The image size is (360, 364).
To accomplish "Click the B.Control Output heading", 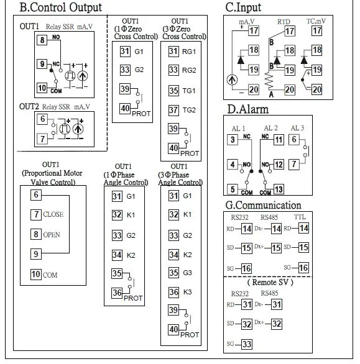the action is pyautogui.click(x=61, y=7).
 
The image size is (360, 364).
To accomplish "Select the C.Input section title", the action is pyautogui.click(x=243, y=7).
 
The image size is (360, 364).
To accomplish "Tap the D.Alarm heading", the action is pyautogui.click(x=247, y=109).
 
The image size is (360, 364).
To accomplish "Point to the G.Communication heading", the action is pyautogui.click(x=264, y=205).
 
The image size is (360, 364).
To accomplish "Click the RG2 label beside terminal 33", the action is pyautogui.click(x=189, y=70).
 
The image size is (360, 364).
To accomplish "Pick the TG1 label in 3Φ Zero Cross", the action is pyautogui.click(x=189, y=91).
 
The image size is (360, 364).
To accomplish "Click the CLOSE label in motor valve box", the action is pyautogui.click(x=53, y=214).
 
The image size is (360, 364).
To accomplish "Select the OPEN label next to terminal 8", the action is pyautogui.click(x=52, y=235).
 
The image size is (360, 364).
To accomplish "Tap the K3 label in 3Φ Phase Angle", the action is pyautogui.click(x=188, y=292).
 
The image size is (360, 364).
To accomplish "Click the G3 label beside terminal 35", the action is pyautogui.click(x=188, y=273).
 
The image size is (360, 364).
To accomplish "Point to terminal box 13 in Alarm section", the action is pyautogui.click(x=279, y=189).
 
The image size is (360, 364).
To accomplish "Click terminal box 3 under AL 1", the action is pyautogui.click(x=233, y=140).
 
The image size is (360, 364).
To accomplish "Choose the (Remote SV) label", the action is pyautogui.click(x=270, y=283).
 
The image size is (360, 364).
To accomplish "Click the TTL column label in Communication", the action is pyautogui.click(x=300, y=217).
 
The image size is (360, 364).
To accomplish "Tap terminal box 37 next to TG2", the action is pyautogui.click(x=173, y=110).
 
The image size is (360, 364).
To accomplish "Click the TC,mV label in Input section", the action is pyautogui.click(x=316, y=21).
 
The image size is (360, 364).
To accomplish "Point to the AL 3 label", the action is pyautogui.click(x=297, y=128).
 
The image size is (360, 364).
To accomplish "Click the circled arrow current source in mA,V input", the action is pyautogui.click(x=232, y=80).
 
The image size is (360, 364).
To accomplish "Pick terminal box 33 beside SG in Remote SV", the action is pyautogui.click(x=246, y=344).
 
